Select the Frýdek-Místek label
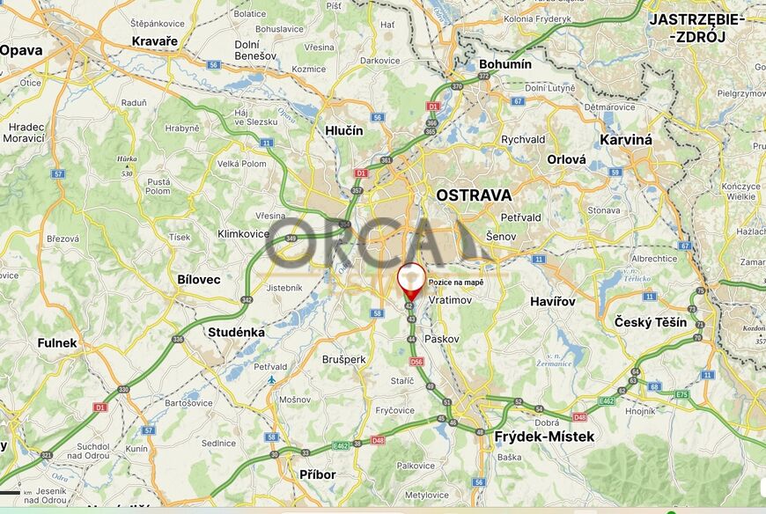click(544, 437)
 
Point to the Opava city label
click(21, 50)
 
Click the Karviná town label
click(626, 139)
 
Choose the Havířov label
click(553, 302)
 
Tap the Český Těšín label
click(651, 322)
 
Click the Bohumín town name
click(505, 64)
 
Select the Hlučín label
click(343, 130)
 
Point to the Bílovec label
click(199, 278)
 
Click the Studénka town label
click(236, 332)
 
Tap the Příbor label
click(318, 474)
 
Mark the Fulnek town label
click(57, 343)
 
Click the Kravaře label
click(154, 41)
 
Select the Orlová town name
click(566, 160)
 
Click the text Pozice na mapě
click(455, 283)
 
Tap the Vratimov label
click(450, 300)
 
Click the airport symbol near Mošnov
click(272, 380)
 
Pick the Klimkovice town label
click(244, 234)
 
